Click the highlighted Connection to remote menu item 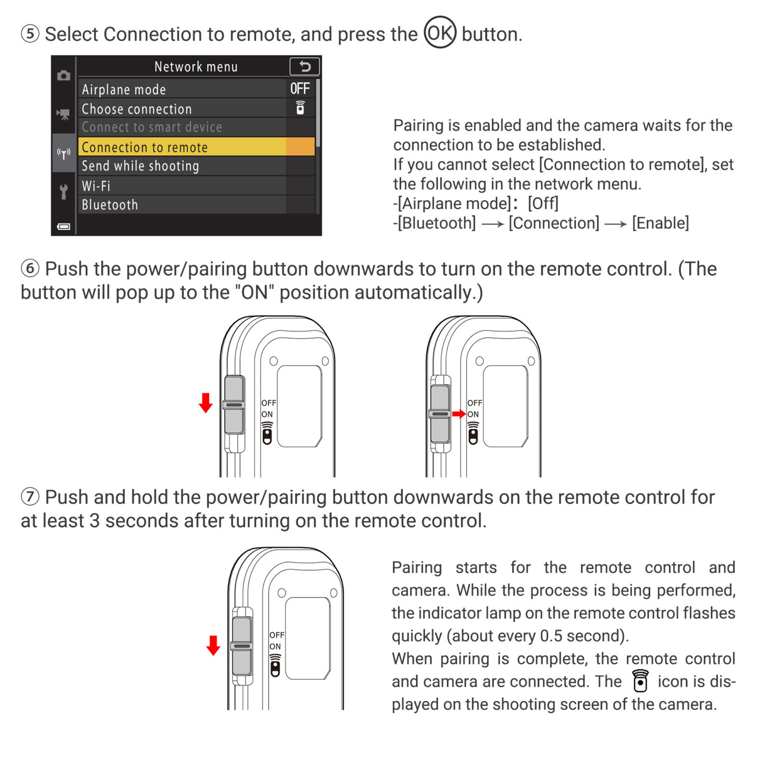click(145, 147)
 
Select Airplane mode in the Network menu click(124, 90)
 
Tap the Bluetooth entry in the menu click(109, 205)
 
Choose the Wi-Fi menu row click(96, 186)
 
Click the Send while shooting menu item click(140, 166)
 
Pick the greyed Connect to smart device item click(152, 127)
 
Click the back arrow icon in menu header click(304, 66)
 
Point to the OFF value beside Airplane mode click(300, 89)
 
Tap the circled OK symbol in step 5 click(440, 33)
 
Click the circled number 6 click(30, 268)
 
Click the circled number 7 click(30, 496)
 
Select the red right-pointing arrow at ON click(459, 414)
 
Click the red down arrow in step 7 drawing click(213, 645)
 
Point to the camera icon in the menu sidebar click(64, 76)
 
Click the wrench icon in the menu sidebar click(64, 191)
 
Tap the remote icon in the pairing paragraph click(640, 681)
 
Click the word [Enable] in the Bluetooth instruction click(660, 223)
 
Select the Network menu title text click(196, 67)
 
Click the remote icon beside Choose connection click(300, 108)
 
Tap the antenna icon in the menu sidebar click(64, 153)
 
